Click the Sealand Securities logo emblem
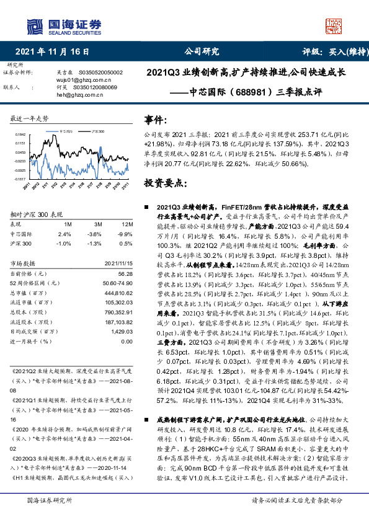pos(33,25)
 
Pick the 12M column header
pos(127,223)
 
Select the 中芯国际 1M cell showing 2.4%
pos(64,234)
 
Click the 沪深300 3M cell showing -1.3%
pos(96,244)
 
